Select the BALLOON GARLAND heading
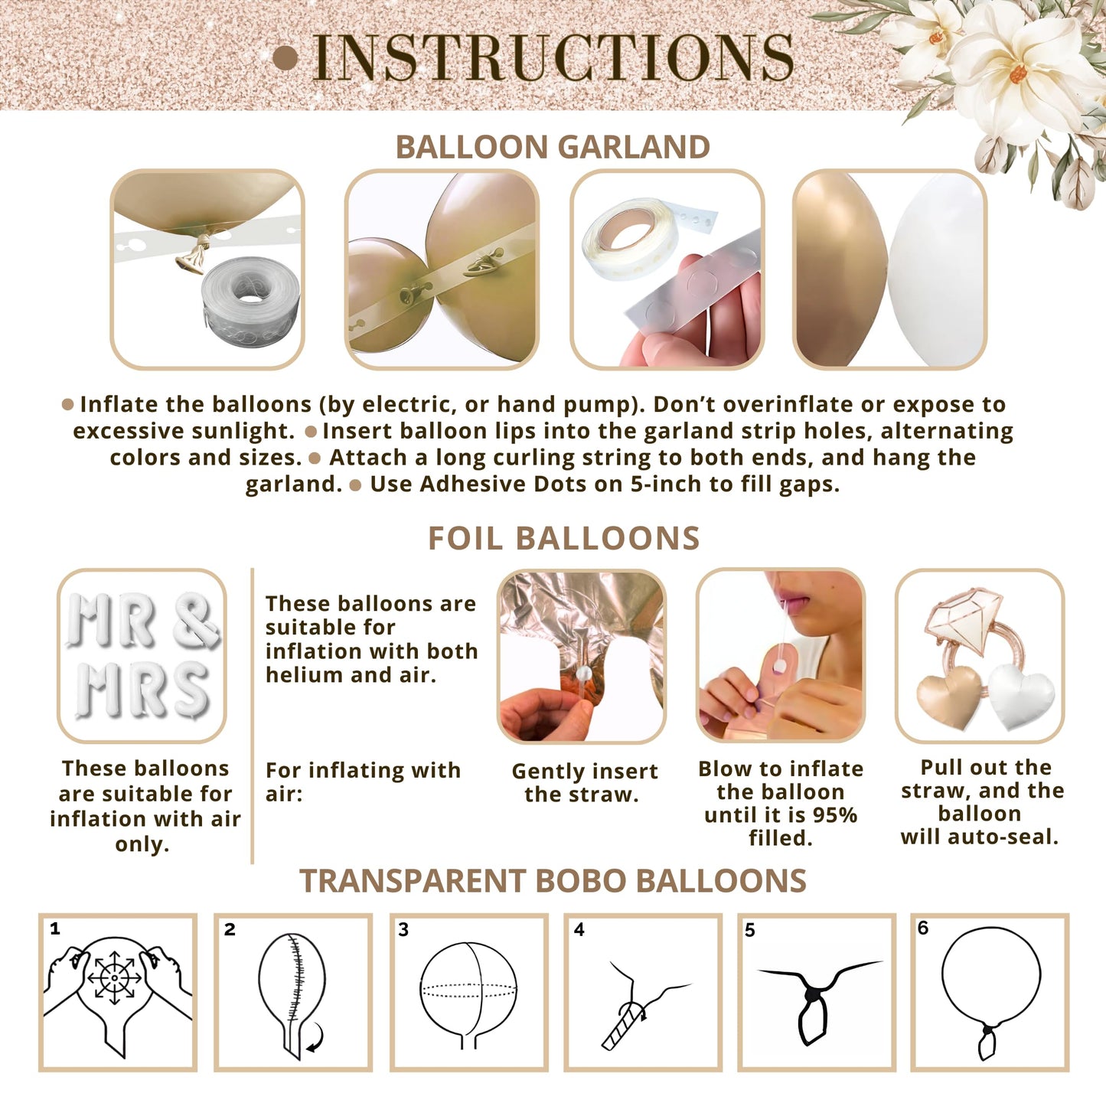coord(553,147)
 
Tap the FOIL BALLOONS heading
coord(564,538)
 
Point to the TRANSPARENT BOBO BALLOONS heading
coord(553,880)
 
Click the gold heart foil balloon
coord(949,697)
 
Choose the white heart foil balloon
coord(1021,697)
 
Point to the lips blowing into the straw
coord(795,605)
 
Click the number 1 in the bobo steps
coord(55,928)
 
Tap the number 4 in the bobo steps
coord(579,929)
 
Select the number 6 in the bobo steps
coord(923,928)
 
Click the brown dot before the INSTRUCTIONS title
coord(285,58)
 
